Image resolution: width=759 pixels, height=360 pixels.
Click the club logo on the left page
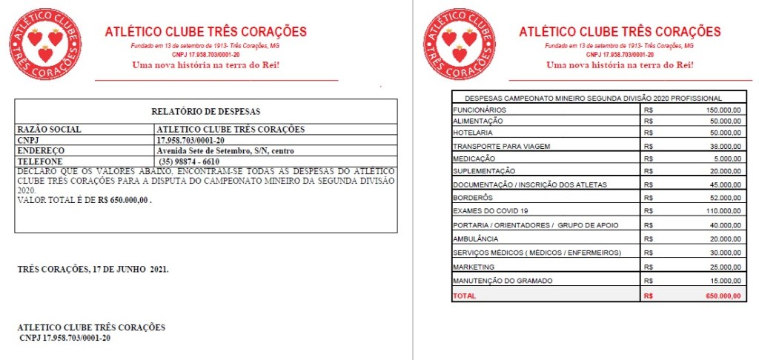coord(44,44)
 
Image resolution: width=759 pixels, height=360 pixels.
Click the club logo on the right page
coord(459,44)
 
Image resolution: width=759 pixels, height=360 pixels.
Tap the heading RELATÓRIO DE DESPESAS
coord(205,112)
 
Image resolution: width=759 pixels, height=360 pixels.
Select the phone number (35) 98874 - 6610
coord(189,161)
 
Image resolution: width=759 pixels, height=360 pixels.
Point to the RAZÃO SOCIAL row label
coord(49,129)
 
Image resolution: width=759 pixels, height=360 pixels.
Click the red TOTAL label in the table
coord(465,296)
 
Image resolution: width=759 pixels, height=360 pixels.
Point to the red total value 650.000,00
coord(723,296)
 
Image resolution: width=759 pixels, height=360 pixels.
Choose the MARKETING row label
coord(473,267)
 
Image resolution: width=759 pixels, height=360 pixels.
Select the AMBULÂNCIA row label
coord(475,239)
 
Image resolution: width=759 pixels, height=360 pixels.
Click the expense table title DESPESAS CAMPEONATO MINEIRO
coord(593,98)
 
